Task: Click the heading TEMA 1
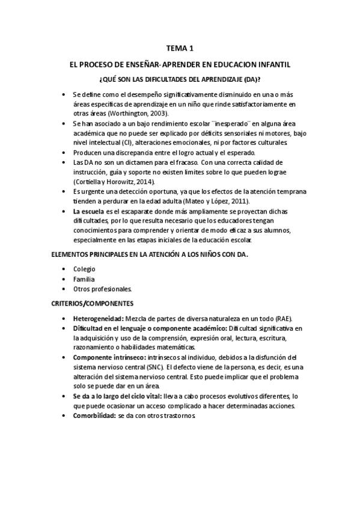tap(180, 50)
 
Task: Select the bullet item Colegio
tap(84, 269)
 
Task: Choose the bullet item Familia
tap(84, 279)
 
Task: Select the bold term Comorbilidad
tap(94, 416)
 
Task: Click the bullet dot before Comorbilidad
tap(65, 416)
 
